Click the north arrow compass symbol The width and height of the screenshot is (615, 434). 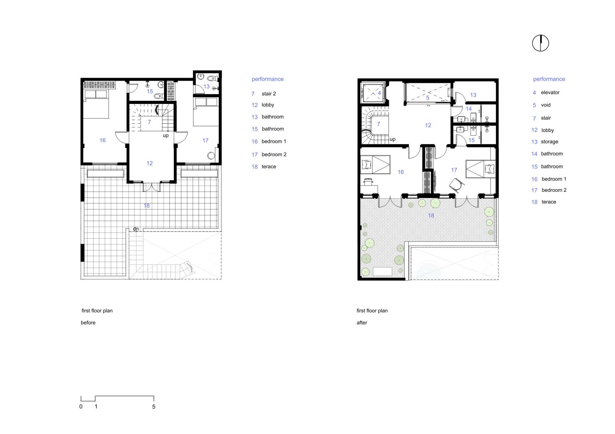(540, 43)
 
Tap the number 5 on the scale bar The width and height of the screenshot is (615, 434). (154, 407)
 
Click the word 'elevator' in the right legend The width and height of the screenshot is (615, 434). (550, 92)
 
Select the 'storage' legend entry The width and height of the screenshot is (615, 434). (549, 142)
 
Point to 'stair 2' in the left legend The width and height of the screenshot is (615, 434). (269, 94)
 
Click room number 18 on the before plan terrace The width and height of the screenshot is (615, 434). (147, 206)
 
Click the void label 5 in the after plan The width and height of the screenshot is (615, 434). (428, 98)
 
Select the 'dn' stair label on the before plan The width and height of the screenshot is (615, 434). (136, 229)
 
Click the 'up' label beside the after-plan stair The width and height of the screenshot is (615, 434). (392, 139)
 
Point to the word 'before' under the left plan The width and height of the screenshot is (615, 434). (88, 323)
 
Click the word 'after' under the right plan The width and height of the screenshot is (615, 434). (362, 323)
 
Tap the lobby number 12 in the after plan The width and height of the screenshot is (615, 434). (428, 125)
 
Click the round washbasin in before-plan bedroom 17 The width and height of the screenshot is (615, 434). (211, 156)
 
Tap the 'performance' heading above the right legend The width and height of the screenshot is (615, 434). (549, 79)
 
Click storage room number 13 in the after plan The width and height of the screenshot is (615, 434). (473, 95)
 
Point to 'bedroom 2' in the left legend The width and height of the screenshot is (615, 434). (274, 154)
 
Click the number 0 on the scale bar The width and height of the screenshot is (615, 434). (81, 407)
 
